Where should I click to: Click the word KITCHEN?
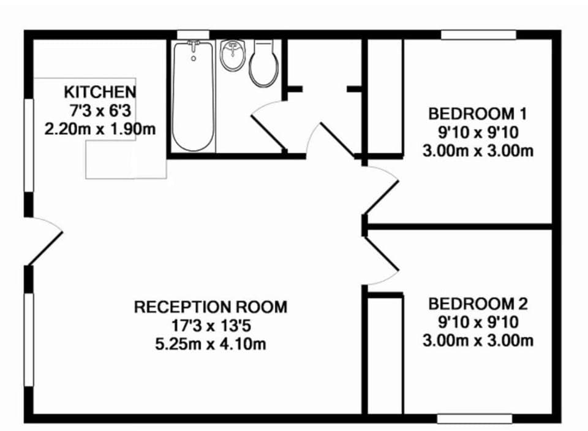click(100, 93)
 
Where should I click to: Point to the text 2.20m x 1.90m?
click(100, 129)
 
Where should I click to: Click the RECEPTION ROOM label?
click(210, 307)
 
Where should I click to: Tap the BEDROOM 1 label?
click(477, 113)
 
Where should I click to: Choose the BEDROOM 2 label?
click(477, 303)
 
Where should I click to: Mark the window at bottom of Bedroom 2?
click(474, 419)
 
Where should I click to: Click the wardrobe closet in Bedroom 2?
click(385, 356)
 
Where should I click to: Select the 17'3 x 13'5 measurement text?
click(210, 325)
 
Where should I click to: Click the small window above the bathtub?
click(193, 35)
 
